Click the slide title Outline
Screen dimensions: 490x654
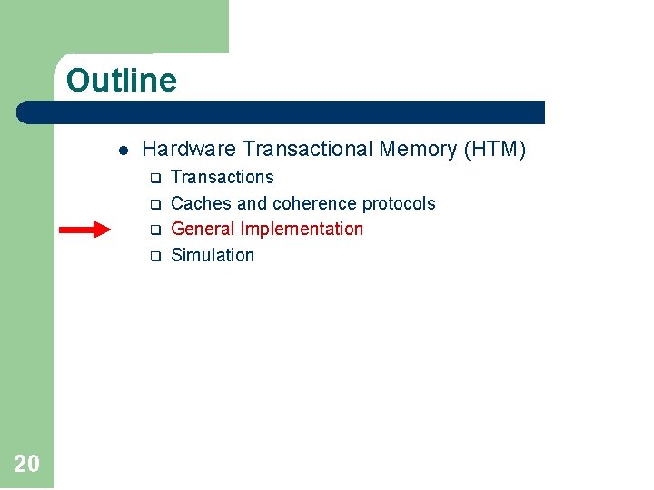pyautogui.click(x=122, y=81)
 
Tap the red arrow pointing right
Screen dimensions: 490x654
pyautogui.click(x=84, y=230)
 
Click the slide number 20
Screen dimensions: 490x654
pyautogui.click(x=26, y=465)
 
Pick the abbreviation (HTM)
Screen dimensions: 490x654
pyautogui.click(x=494, y=149)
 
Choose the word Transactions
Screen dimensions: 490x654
pyautogui.click(x=223, y=177)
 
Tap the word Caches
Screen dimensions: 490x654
pyautogui.click(x=201, y=203)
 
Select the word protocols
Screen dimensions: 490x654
pyautogui.click(x=399, y=203)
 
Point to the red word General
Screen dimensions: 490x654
pyautogui.click(x=203, y=229)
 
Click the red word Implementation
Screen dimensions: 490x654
pyautogui.click(x=302, y=229)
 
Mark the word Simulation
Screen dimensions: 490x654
pyautogui.click(x=213, y=255)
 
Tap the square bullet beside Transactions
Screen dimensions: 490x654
pyautogui.click(x=154, y=178)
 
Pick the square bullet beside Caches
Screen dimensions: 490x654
pyautogui.click(x=154, y=204)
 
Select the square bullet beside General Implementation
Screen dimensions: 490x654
pyautogui.click(x=154, y=230)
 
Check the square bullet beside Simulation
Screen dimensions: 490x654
pyautogui.click(x=154, y=256)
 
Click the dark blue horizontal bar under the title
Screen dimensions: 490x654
pyautogui.click(x=282, y=113)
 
